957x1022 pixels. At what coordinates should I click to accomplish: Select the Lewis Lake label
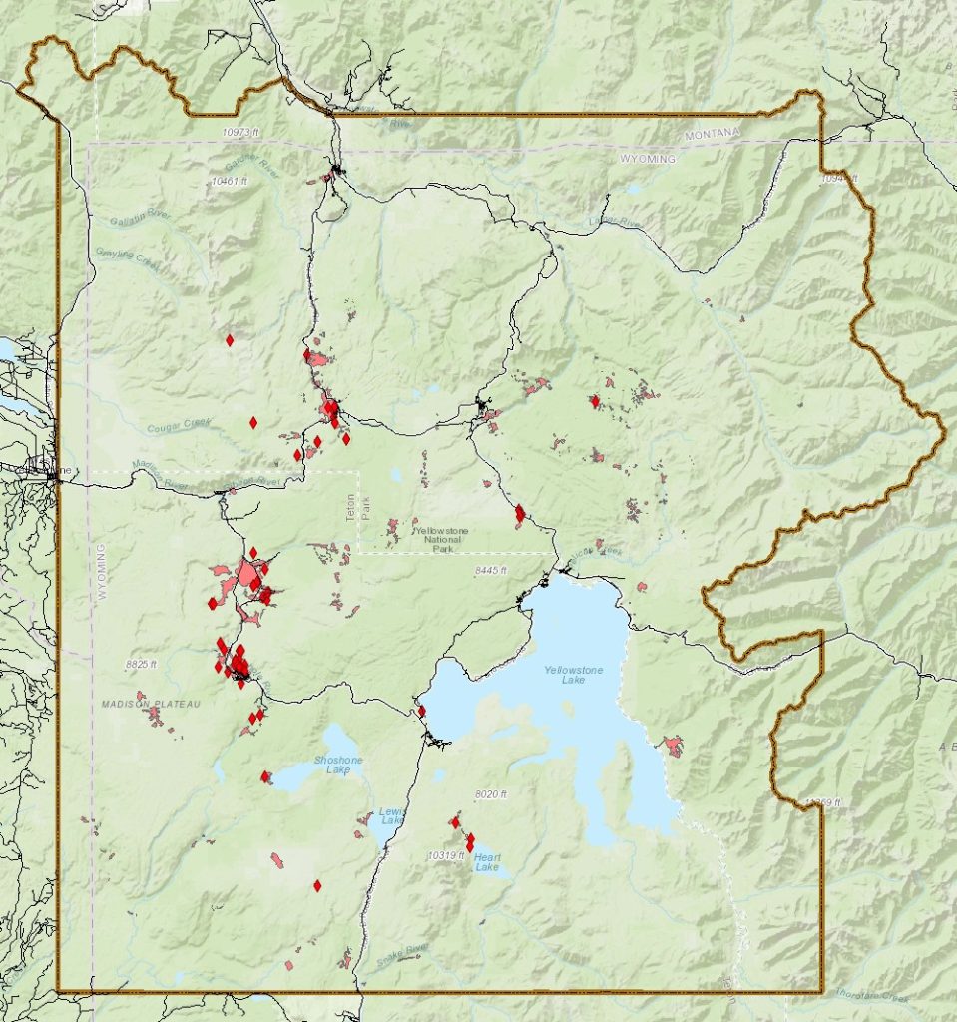(x=391, y=816)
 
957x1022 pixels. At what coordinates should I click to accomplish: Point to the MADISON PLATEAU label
(x=151, y=704)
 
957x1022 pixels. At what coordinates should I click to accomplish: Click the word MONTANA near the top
(x=714, y=134)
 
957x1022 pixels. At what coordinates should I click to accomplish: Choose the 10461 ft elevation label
(x=232, y=181)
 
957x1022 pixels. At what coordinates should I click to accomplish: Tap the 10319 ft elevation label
(x=447, y=855)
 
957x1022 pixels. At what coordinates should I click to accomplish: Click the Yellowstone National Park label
(x=441, y=539)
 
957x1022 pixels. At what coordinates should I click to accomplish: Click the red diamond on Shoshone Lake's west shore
(x=265, y=776)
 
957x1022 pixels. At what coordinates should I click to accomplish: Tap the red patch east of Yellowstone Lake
(x=673, y=746)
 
